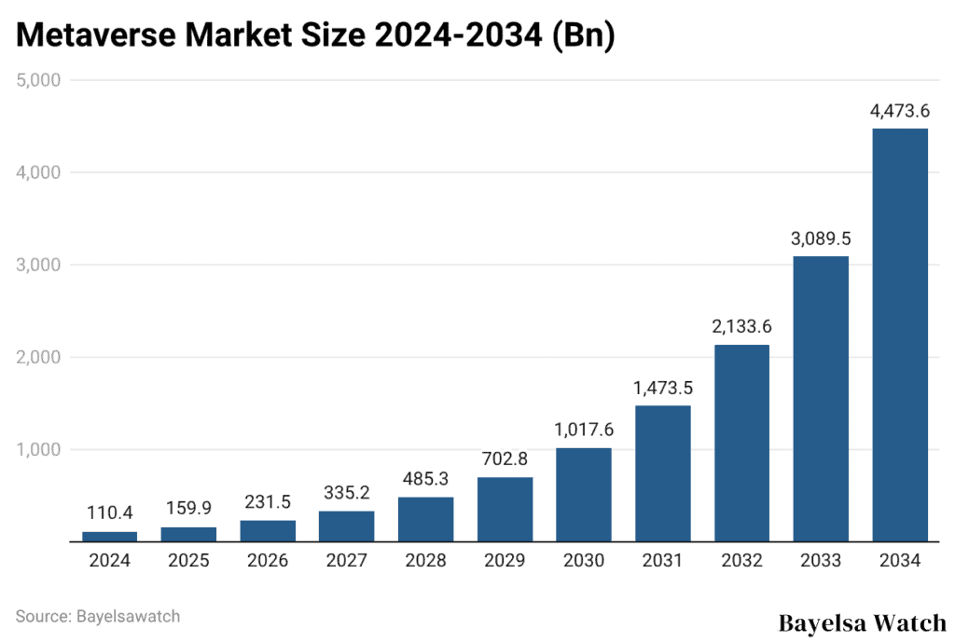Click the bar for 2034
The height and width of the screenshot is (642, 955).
(x=900, y=335)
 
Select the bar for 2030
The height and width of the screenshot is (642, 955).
(x=584, y=495)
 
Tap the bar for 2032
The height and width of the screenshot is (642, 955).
(x=742, y=443)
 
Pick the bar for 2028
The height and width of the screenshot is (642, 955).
(x=425, y=519)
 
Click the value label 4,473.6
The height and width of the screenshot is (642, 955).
(x=900, y=110)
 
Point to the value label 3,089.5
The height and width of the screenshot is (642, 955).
(x=821, y=238)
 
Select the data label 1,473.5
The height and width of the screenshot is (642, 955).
(x=663, y=387)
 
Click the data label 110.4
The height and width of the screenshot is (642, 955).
(x=109, y=512)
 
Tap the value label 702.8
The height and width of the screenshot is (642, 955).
(x=505, y=458)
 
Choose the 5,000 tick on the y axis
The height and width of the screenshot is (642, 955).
(x=38, y=80)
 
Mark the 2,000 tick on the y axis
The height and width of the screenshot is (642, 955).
(x=38, y=357)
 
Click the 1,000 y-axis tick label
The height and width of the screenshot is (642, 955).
(x=38, y=449)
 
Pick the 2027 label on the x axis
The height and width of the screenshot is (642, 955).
(x=346, y=561)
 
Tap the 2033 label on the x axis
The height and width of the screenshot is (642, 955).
(x=821, y=561)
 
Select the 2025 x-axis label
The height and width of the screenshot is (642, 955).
(x=188, y=561)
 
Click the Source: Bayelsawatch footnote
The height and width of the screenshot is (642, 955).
(x=97, y=616)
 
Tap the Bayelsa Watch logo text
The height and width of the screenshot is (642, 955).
(x=862, y=622)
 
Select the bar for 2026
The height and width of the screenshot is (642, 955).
(x=268, y=531)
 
